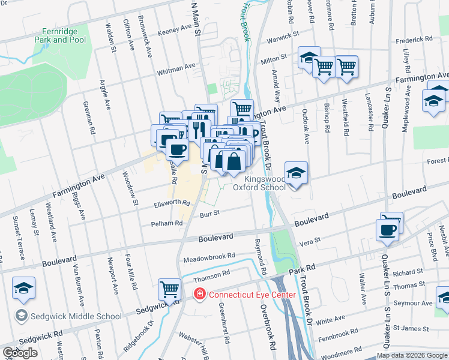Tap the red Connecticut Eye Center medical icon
(198, 294)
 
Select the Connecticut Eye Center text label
(252, 295)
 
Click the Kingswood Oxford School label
(265, 183)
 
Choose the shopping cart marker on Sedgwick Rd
(170, 290)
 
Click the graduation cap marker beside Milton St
(309, 58)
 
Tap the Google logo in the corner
(20, 353)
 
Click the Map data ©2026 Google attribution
(412, 355)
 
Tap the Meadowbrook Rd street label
(209, 256)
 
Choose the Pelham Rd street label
(170, 223)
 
